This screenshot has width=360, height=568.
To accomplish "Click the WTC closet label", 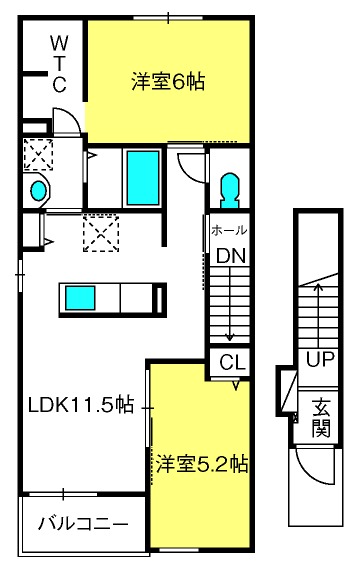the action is pyautogui.click(x=59, y=64).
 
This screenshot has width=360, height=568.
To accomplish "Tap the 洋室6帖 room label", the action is pyautogui.click(x=168, y=82).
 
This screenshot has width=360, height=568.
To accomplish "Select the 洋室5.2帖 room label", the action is pyautogui.click(x=202, y=464).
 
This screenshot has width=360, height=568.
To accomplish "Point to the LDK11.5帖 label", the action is pyautogui.click(x=81, y=405).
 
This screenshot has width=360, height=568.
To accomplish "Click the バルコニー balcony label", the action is pyautogui.click(x=83, y=524).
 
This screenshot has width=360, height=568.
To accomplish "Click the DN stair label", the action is pyautogui.click(x=231, y=256).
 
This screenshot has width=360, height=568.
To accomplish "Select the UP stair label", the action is pyautogui.click(x=320, y=359).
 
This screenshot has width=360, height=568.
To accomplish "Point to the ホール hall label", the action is pyautogui.click(x=229, y=230).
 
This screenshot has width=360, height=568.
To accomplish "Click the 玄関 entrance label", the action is pyautogui.click(x=321, y=417).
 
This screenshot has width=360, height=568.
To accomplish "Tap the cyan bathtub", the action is pyautogui.click(x=143, y=178).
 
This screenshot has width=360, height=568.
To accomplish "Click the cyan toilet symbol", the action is pyautogui.click(x=230, y=190).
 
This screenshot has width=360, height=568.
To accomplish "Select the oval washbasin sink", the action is pyautogui.click(x=39, y=191).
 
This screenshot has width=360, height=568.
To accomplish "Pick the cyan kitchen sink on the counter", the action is pyautogui.click(x=80, y=298).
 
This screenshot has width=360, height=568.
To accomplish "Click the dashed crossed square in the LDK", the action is pyautogui.click(x=101, y=233).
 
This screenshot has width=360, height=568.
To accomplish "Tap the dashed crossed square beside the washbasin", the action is pyautogui.click(x=38, y=154).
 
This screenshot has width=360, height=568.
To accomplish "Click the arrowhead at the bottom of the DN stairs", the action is pyautogui.click(x=230, y=338).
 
